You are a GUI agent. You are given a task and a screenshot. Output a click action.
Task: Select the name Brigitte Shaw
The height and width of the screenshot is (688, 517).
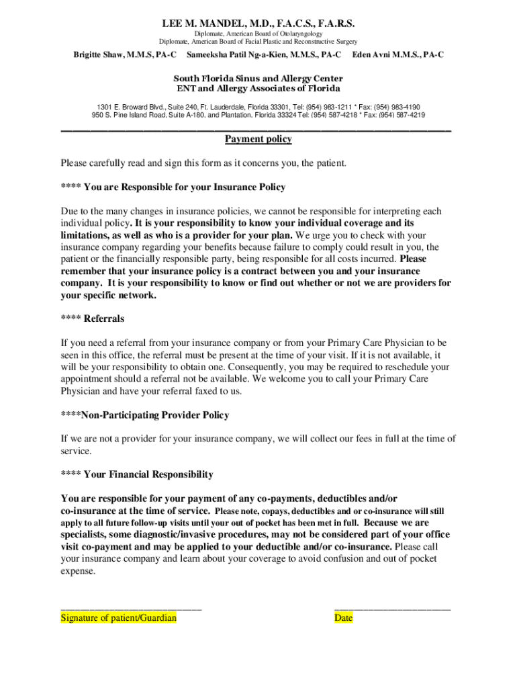[99, 54]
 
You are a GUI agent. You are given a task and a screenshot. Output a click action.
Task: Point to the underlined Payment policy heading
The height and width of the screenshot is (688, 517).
[258, 139]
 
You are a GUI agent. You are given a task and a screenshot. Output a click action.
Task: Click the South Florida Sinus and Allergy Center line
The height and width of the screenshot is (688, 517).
[258, 79]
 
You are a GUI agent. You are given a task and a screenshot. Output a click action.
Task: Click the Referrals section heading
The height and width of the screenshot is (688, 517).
[104, 318]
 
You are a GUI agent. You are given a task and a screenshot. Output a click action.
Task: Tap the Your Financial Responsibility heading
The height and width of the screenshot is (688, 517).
[148, 474]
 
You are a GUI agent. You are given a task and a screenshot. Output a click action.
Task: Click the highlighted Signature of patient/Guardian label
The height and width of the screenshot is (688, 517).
[119, 618]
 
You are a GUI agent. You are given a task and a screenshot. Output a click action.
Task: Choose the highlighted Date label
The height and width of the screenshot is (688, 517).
[343, 618]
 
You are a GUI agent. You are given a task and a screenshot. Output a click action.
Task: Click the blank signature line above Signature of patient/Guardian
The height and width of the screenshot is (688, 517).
[131, 607]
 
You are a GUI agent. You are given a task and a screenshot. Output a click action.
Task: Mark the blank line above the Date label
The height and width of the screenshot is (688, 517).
[392, 607]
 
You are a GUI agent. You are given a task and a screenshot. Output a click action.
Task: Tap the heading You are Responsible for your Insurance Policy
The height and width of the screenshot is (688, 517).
[185, 187]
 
